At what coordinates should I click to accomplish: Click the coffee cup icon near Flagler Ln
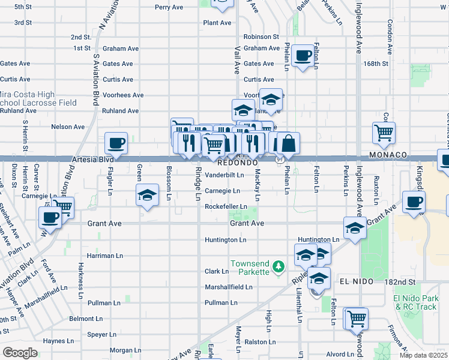[116, 143]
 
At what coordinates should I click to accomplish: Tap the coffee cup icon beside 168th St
[303, 56]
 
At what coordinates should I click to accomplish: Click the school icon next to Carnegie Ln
[146, 196]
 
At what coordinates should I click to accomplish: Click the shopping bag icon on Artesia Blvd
[288, 143]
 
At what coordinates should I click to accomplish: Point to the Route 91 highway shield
[280, 160]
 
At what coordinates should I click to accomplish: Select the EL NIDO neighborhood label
[357, 281]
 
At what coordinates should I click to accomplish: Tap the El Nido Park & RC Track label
[414, 302]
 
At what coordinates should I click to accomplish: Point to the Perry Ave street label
[168, 7]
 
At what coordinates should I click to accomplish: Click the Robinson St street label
[261, 37]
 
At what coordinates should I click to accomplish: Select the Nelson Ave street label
[68, 127]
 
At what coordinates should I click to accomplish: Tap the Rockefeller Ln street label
[226, 206]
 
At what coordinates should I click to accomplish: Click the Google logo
[19, 352]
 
